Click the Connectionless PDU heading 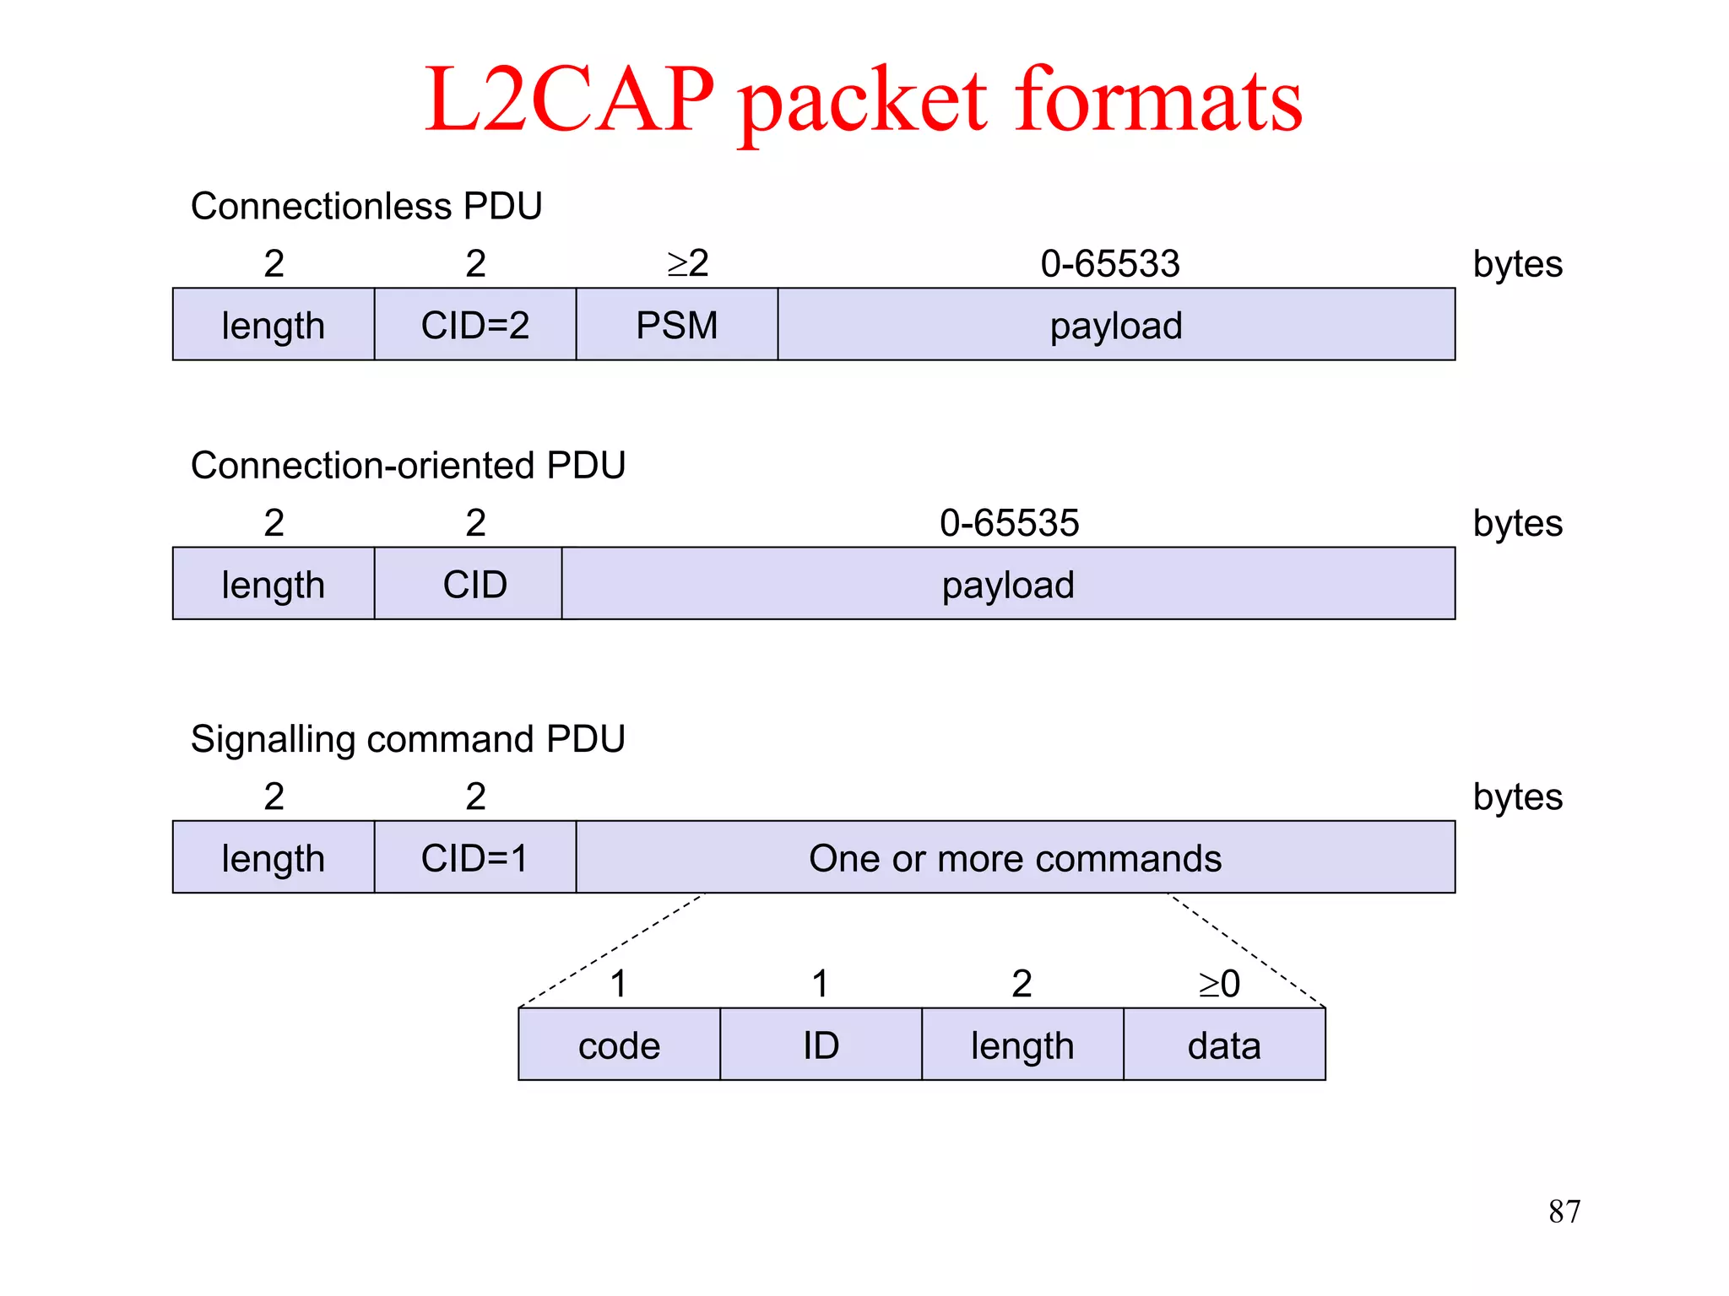coord(366,206)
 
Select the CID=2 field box coord(474,325)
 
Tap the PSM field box coord(676,325)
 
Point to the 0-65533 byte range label coord(1109,263)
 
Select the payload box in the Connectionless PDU coord(1115,325)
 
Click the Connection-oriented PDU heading coord(407,465)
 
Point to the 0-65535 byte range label coord(1009,522)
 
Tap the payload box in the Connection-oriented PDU coord(1008,584)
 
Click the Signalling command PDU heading coord(407,738)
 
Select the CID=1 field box coord(474,857)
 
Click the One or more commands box coord(1015,857)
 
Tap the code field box coord(619,1045)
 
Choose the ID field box coord(821,1045)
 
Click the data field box coord(1224,1045)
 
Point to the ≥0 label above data coord(1219,983)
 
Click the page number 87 coord(1564,1212)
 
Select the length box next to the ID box coord(1022,1045)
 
